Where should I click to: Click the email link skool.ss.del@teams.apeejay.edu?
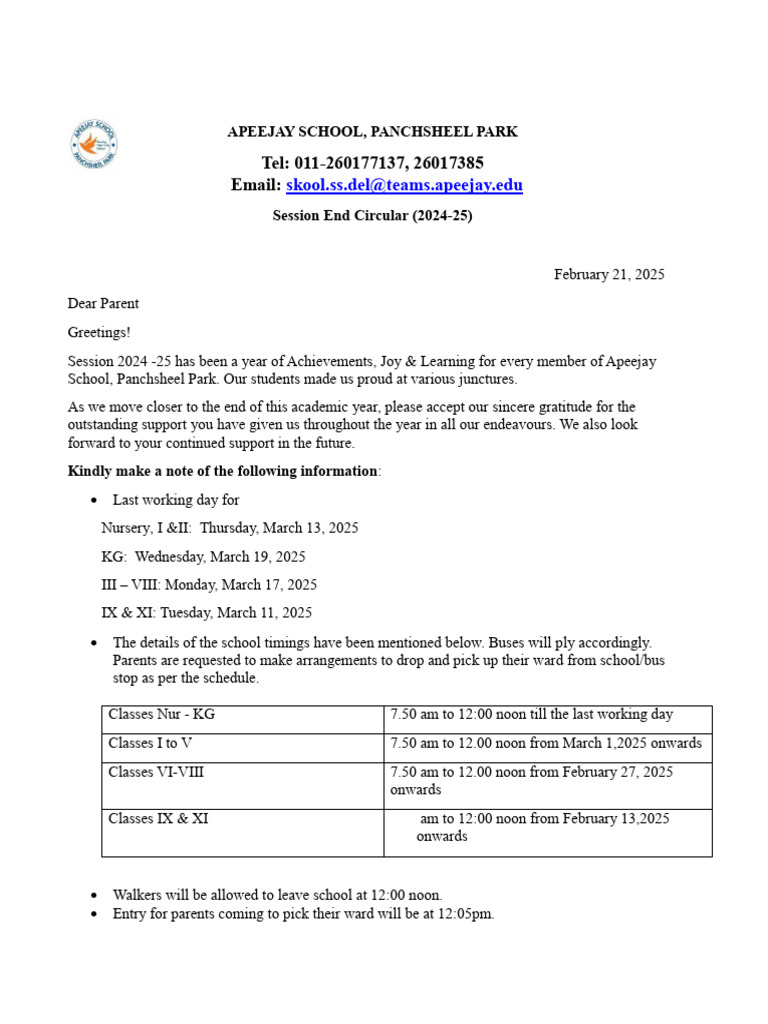404,185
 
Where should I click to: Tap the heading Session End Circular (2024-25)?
372,215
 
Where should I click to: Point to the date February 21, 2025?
609,274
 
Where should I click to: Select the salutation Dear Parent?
103,303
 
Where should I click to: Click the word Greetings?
99,332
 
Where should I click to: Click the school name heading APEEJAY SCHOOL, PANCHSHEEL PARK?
372,132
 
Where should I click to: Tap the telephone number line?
372,163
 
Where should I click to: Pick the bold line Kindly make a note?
223,471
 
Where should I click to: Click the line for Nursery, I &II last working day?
229,527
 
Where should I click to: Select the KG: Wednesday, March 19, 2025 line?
203,556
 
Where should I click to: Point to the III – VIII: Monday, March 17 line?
209,584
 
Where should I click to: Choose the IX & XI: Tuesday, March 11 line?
206,612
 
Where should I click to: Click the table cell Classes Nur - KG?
161,715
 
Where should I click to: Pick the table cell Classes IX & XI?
158,819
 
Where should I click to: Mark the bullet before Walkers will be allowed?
94,896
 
